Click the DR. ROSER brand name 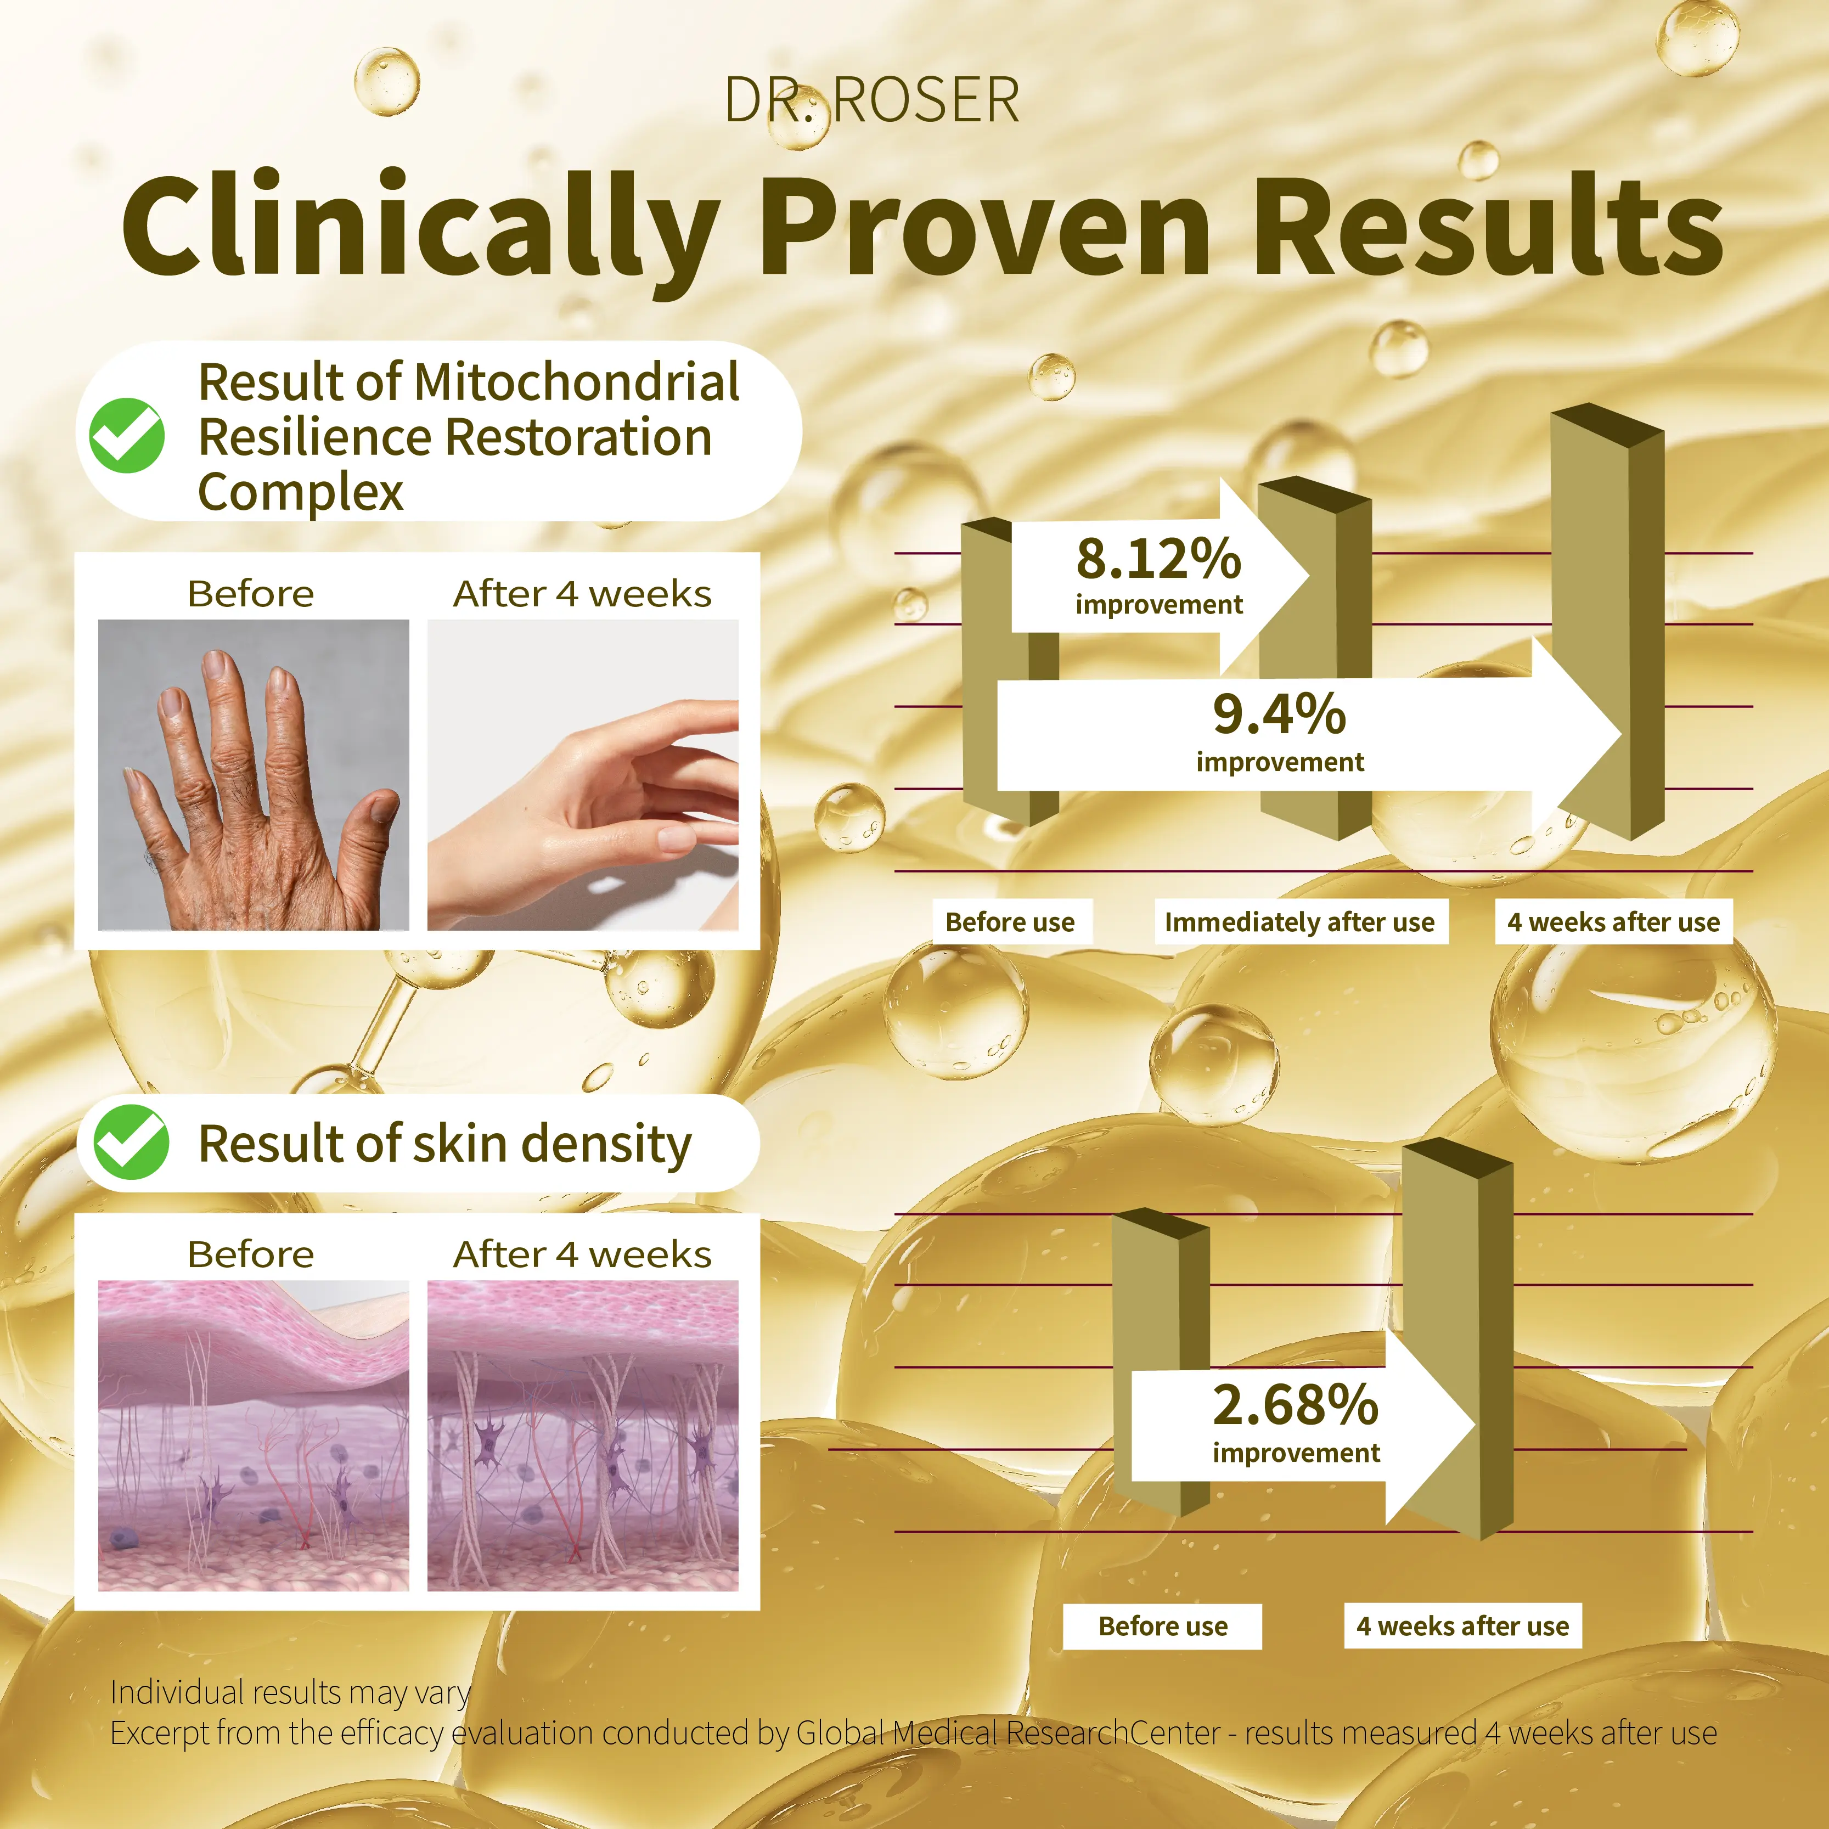coord(872,100)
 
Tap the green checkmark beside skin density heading coord(131,1142)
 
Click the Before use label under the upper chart coord(1010,922)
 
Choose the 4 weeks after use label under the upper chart coord(1614,922)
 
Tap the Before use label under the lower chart coord(1162,1627)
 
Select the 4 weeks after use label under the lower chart coord(1462,1627)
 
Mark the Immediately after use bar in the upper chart coord(1315,658)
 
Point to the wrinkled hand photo coord(254,774)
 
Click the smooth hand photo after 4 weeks coord(583,774)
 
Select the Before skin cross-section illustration coord(254,1435)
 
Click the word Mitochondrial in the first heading coord(577,382)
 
